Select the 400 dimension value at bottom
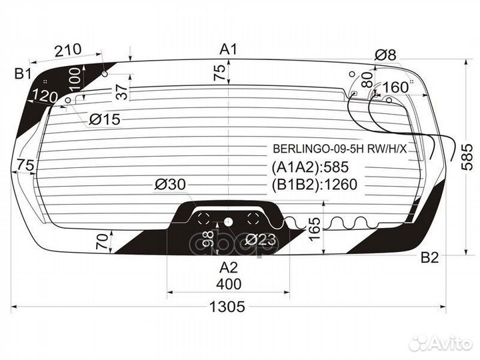click(228, 285)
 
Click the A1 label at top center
click(229, 49)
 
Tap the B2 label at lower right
click(430, 259)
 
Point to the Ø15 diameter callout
click(103, 120)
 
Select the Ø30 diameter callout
click(170, 185)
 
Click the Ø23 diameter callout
click(261, 240)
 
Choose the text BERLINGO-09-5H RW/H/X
click(339, 149)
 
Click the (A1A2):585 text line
click(311, 167)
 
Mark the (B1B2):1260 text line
click(315, 185)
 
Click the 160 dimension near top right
click(395, 87)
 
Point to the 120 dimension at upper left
click(45, 97)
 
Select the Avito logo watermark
click(441, 343)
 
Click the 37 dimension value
click(121, 93)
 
